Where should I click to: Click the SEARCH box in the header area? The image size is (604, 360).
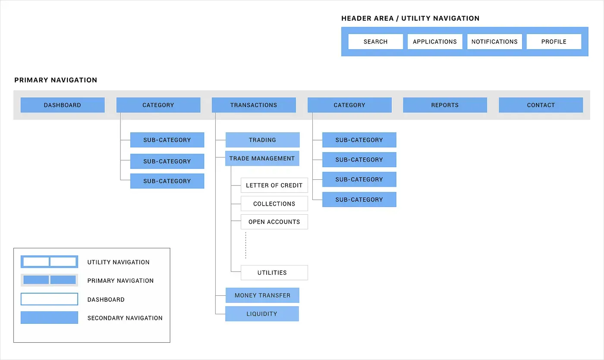tap(375, 42)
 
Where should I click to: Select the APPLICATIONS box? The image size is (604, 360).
tap(434, 42)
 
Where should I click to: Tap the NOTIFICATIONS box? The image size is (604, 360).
tap(494, 42)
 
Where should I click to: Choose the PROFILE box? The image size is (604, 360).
tap(554, 42)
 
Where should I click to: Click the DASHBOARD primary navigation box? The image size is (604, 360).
tap(63, 105)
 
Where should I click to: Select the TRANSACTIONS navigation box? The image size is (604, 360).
tap(254, 105)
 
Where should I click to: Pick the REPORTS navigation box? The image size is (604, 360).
tap(445, 105)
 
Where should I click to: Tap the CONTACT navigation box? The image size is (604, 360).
tap(541, 105)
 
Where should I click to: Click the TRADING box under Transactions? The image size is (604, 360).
tap(262, 140)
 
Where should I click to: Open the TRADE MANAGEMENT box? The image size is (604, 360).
tap(262, 158)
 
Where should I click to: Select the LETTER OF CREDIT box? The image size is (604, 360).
tap(274, 185)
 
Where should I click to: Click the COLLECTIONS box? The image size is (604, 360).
tap(274, 203)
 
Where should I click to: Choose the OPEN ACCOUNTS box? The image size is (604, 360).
tap(274, 222)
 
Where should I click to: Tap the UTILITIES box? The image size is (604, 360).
tap(274, 272)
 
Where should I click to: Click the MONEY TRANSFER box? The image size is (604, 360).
tap(262, 295)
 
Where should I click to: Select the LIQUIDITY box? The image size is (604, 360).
tap(262, 313)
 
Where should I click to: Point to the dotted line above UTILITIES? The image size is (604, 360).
tap(245, 245)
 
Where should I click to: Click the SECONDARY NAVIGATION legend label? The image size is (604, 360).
tap(125, 318)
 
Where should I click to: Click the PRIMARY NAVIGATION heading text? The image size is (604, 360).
tap(56, 80)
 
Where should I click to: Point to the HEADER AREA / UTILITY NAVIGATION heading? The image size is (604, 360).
tap(410, 19)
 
